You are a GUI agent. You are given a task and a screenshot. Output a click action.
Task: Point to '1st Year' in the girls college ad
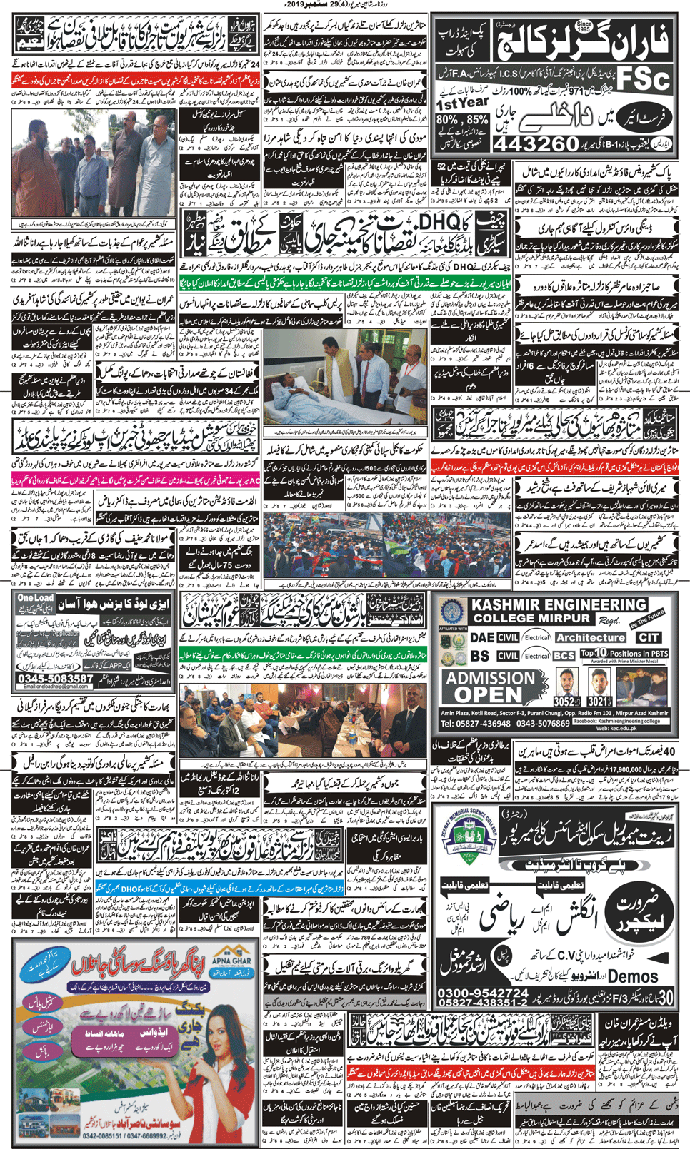462,103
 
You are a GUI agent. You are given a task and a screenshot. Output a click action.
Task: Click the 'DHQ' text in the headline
440,223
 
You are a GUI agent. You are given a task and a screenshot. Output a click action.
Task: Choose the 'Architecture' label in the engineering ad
590,637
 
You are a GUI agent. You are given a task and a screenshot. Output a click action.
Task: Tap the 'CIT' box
649,637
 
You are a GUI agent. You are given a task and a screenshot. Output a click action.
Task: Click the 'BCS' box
564,655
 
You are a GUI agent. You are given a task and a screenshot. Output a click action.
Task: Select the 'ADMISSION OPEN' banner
490,687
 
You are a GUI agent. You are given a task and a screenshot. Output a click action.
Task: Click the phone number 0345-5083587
56,678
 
